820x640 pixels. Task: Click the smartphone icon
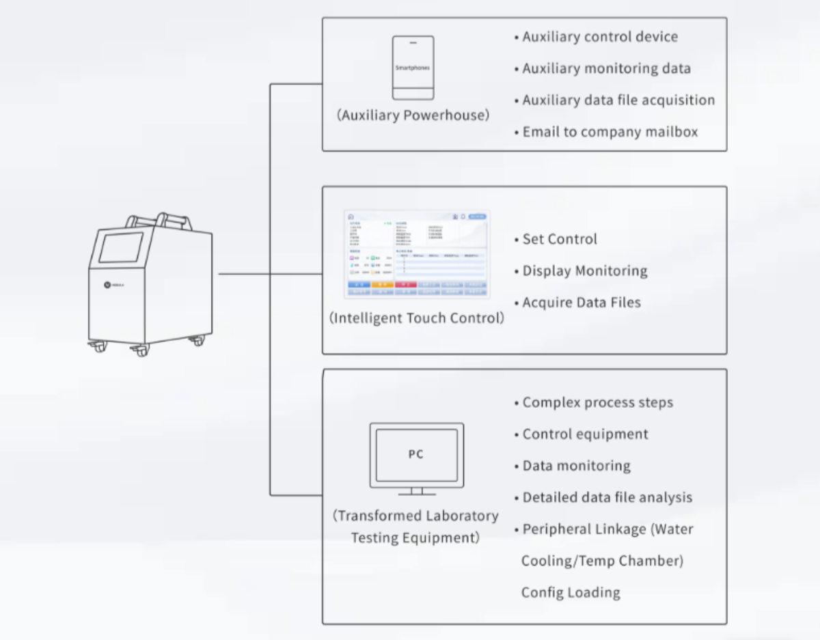tap(413, 68)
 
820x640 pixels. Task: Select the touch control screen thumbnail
tap(417, 254)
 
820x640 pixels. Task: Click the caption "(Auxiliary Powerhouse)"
tap(413, 115)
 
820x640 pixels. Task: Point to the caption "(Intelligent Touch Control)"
tap(417, 318)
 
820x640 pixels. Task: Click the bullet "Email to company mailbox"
tap(610, 132)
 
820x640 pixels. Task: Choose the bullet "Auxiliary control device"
tap(600, 37)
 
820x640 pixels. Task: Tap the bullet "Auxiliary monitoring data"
tap(606, 68)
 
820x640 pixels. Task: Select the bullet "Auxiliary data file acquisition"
tap(618, 100)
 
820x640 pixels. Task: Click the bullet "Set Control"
tap(560, 239)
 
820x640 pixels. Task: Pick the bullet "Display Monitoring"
tap(584, 270)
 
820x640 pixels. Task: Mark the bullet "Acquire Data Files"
tap(582, 302)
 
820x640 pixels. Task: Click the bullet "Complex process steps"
tap(597, 402)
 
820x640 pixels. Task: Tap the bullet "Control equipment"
tap(585, 434)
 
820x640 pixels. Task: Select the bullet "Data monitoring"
tap(576, 466)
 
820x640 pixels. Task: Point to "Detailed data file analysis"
tap(607, 497)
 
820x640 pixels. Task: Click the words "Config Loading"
tap(571, 592)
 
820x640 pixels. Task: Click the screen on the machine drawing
tap(121, 248)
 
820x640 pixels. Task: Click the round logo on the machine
tap(107, 284)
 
